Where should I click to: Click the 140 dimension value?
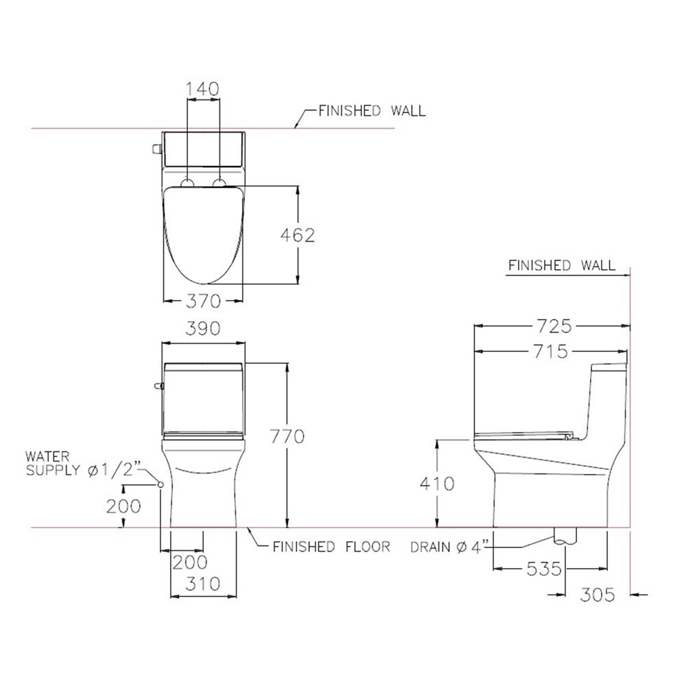(x=202, y=89)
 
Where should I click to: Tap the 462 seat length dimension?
(x=298, y=235)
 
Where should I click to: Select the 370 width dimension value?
(x=204, y=301)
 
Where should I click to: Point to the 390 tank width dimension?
(x=203, y=329)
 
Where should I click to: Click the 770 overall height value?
(x=287, y=436)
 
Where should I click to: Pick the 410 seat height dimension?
(x=437, y=484)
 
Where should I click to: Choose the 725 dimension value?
(x=554, y=327)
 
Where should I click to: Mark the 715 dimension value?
(x=550, y=351)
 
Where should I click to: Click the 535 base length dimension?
(x=544, y=569)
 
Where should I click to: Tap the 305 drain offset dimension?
(x=598, y=595)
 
